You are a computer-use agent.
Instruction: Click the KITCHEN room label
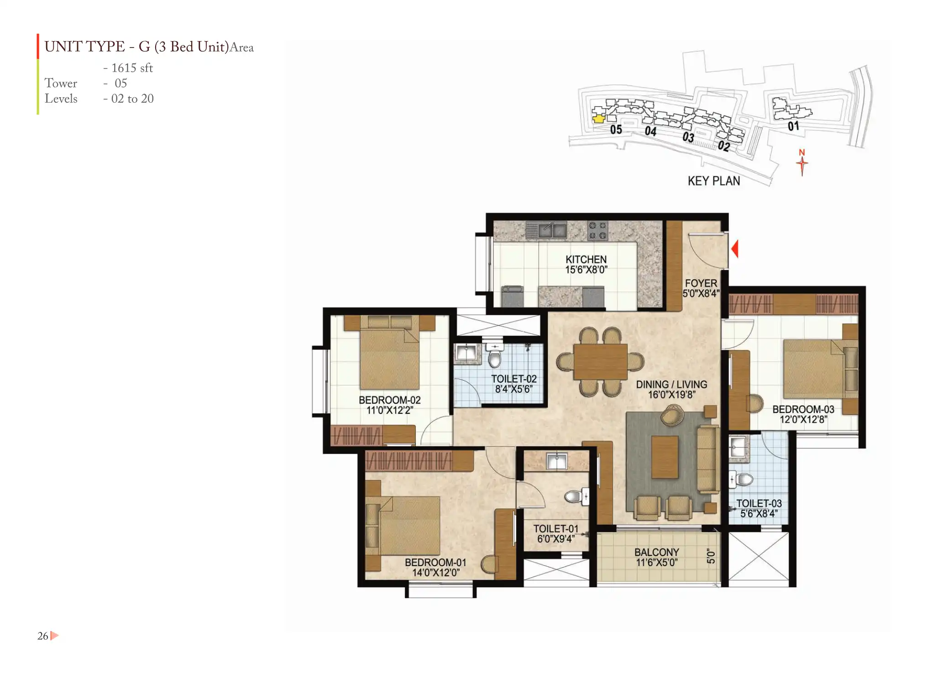tap(586, 259)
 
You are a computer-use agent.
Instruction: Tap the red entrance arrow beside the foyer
tap(734, 249)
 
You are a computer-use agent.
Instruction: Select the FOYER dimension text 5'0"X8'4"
tap(701, 294)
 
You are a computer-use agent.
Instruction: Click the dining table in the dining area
tap(600, 362)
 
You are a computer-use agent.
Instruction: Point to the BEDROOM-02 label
tap(390, 400)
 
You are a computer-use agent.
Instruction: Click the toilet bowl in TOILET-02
tap(494, 356)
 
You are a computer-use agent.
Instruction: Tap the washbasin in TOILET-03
tap(738, 446)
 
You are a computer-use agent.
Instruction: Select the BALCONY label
tap(657, 552)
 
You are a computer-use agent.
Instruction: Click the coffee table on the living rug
tap(665, 457)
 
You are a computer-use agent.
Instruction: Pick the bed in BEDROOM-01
tap(404, 525)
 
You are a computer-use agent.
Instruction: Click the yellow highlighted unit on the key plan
tap(598, 119)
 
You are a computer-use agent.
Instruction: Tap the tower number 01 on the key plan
tap(793, 126)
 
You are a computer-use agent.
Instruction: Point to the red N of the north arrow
tap(802, 152)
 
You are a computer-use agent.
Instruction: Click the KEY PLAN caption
tap(714, 181)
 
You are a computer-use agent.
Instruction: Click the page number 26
tap(42, 636)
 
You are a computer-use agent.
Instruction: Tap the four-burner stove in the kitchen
tap(598, 231)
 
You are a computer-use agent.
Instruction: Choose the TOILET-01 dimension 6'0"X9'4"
tap(556, 539)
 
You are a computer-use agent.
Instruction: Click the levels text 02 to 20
tap(132, 99)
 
